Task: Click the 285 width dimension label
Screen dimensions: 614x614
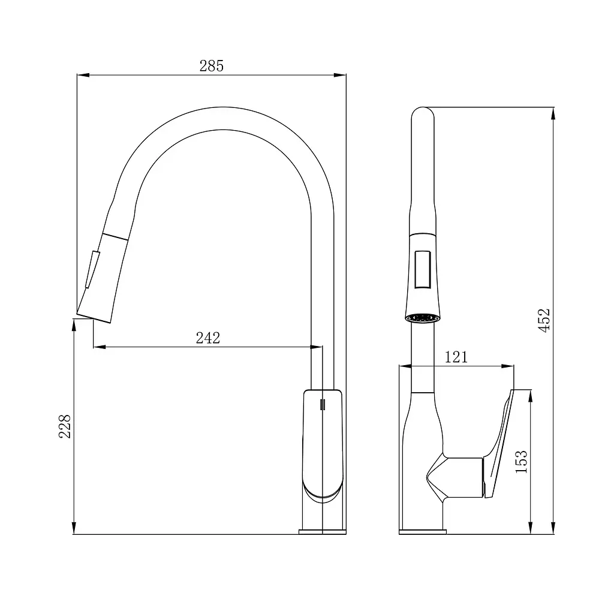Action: tap(212, 66)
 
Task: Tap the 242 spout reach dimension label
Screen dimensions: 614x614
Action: tap(208, 338)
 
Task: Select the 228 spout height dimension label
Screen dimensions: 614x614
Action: tap(65, 426)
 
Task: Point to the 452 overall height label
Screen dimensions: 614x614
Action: tap(544, 321)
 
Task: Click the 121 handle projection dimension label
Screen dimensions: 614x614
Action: tap(456, 357)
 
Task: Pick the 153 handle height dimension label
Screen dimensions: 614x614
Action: tap(521, 462)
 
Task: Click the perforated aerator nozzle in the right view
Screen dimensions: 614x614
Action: tap(422, 318)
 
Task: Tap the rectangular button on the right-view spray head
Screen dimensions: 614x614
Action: tap(423, 270)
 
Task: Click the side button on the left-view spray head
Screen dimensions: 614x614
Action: tap(92, 270)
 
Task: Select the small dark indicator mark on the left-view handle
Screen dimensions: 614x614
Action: tap(323, 405)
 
